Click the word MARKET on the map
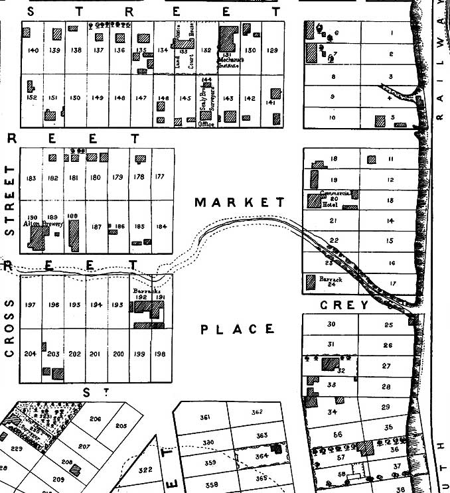239,202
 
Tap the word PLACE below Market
238,329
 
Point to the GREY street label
344,305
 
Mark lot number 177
159,176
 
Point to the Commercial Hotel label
335,196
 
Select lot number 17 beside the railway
392,283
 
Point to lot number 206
96,419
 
